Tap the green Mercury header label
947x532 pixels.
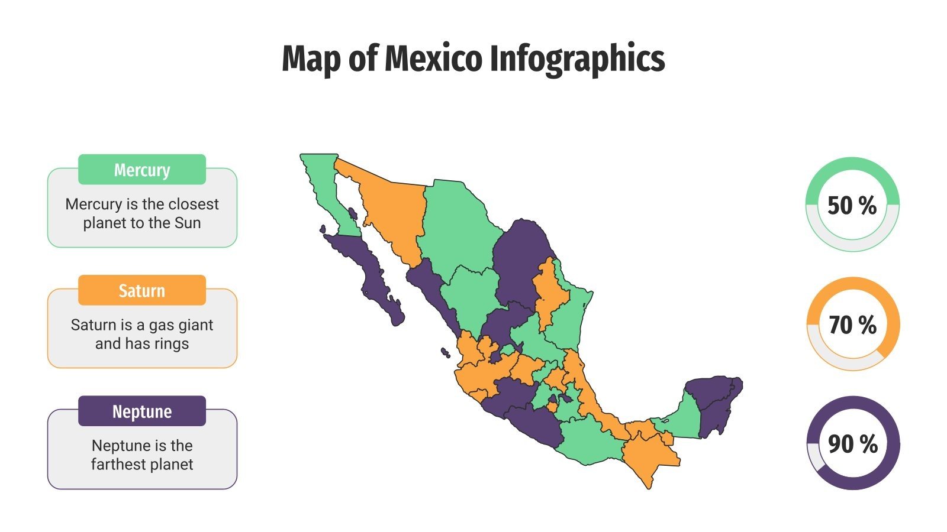142,170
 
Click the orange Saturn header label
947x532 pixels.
142,291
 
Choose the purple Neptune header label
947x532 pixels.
142,411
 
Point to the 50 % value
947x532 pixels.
852,206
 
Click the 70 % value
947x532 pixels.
852,325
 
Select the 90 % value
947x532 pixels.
852,444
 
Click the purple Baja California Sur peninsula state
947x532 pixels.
370,272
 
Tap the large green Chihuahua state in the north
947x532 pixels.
456,225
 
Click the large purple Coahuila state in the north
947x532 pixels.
521,260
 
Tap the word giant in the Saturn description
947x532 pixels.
194,325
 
